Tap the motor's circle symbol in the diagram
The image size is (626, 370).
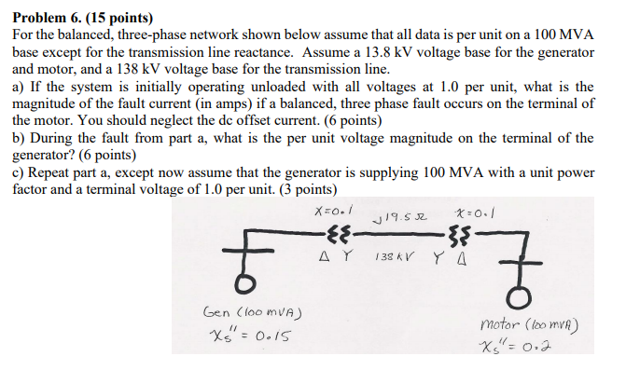(x=517, y=296)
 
